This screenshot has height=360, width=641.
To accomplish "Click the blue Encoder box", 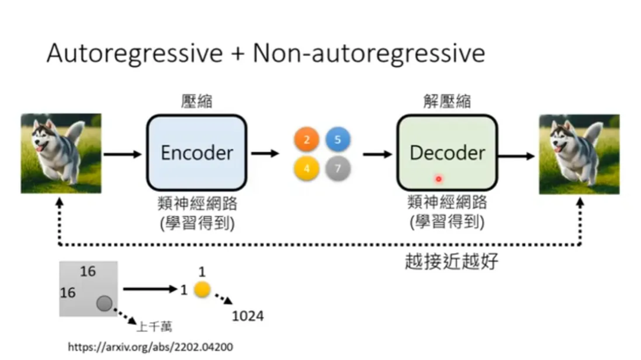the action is pyautogui.click(x=196, y=153).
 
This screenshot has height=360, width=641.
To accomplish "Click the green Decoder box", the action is pyautogui.click(x=448, y=153).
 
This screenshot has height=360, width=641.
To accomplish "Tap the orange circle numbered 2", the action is pyautogui.click(x=307, y=139).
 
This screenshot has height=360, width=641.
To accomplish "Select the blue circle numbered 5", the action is pyautogui.click(x=338, y=139).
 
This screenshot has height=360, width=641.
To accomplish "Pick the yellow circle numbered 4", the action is pyautogui.click(x=307, y=168).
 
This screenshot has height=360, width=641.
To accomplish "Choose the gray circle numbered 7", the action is pyautogui.click(x=338, y=168).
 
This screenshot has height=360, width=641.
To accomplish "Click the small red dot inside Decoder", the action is pyautogui.click(x=439, y=179).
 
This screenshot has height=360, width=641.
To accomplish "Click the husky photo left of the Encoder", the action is pyautogui.click(x=61, y=153).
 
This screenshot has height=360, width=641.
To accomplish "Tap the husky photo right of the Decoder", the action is pyautogui.click(x=579, y=154).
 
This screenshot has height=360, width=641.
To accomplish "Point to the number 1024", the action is pyautogui.click(x=247, y=316).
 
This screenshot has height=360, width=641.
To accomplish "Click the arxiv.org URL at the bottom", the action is pyautogui.click(x=150, y=347).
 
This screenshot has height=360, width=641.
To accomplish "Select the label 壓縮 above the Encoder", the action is pyautogui.click(x=196, y=101).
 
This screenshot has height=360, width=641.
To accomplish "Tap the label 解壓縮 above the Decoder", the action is pyautogui.click(x=447, y=101).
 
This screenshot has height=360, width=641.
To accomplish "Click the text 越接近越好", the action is pyautogui.click(x=451, y=261).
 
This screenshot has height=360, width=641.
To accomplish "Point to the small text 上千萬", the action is pyautogui.click(x=154, y=327).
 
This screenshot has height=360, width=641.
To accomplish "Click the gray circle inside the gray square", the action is pyautogui.click(x=104, y=304).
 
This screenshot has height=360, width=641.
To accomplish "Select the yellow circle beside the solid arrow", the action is pyautogui.click(x=202, y=289).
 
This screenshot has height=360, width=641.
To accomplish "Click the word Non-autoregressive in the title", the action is pyautogui.click(x=369, y=53).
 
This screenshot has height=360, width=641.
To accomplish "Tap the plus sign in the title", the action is pyautogui.click(x=237, y=54).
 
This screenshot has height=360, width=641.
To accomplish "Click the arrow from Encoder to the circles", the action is pyautogui.click(x=265, y=154).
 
